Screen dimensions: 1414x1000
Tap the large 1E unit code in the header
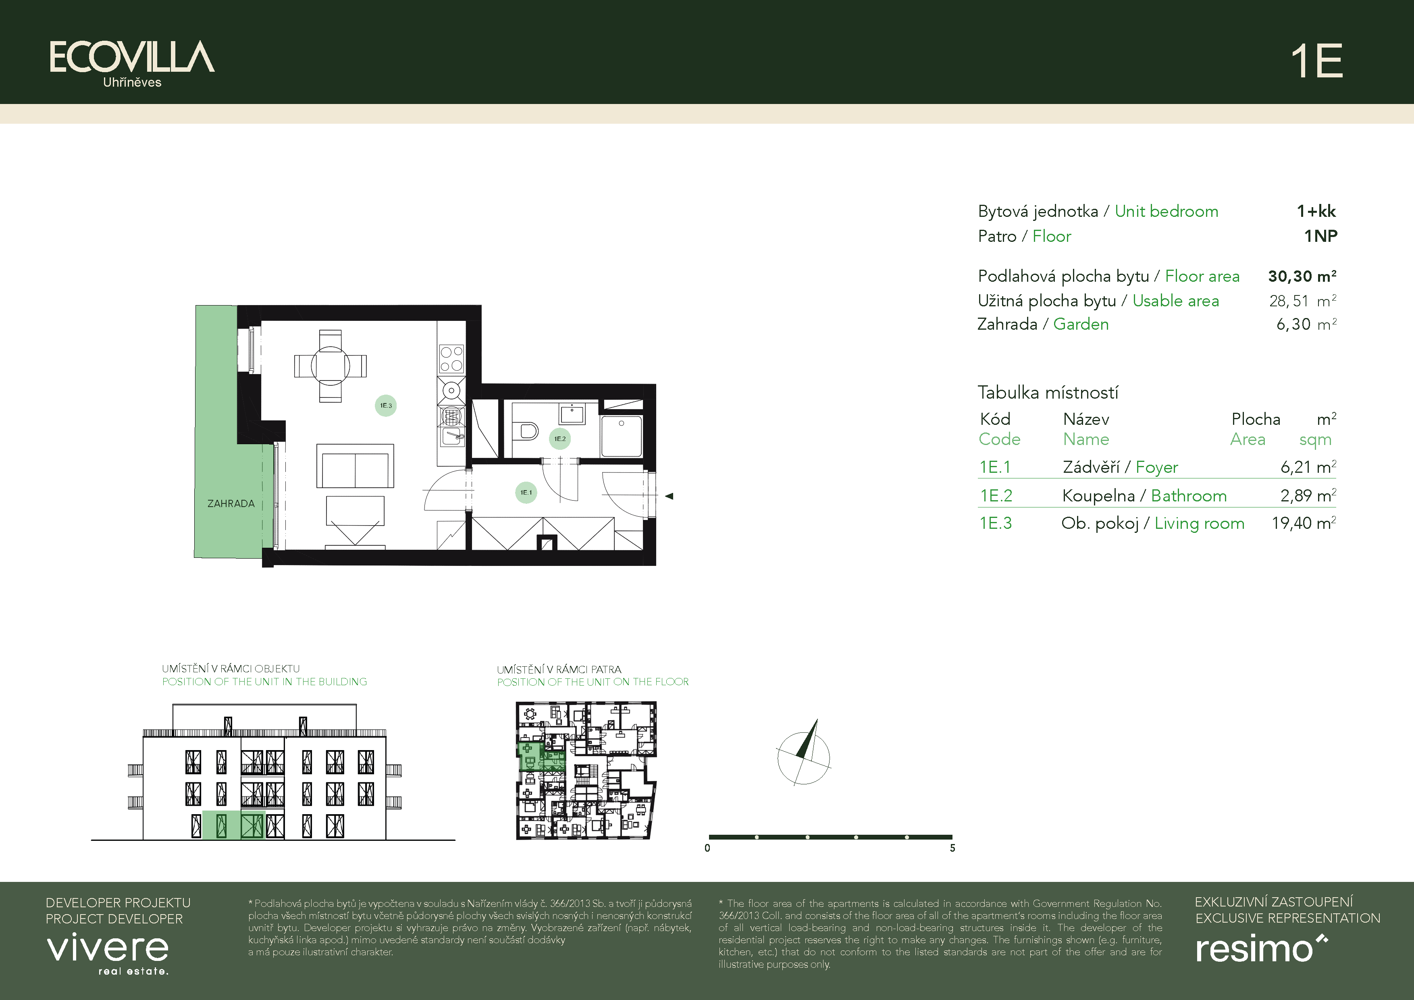(1317, 61)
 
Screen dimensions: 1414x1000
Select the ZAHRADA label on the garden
(231, 504)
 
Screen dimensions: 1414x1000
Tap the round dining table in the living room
(331, 366)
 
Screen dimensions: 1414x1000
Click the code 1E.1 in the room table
(995, 468)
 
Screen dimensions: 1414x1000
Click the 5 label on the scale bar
(952, 848)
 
